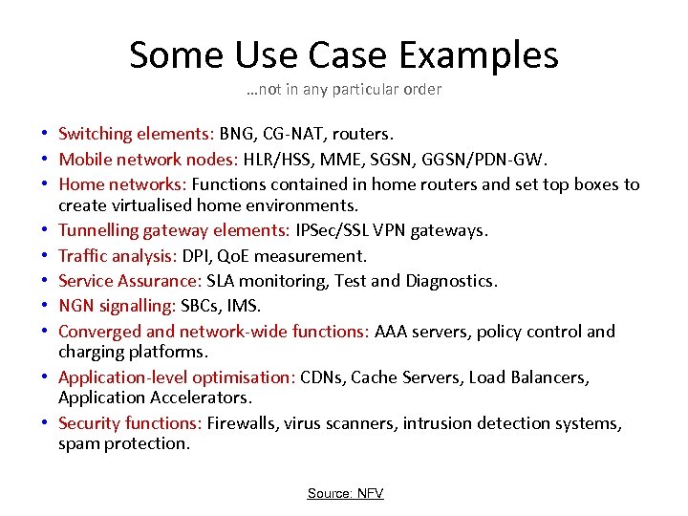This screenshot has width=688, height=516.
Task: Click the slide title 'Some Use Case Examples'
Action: (x=344, y=55)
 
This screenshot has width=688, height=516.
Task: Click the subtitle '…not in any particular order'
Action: (x=343, y=90)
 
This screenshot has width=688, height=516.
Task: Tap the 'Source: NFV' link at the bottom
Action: (x=345, y=493)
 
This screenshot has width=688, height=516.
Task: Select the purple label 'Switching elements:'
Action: (x=137, y=133)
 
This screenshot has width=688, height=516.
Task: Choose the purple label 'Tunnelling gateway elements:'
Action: (x=166, y=230)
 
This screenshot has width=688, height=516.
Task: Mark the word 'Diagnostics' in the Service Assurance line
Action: (x=451, y=282)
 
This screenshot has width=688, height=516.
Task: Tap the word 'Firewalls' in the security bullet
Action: (x=243, y=423)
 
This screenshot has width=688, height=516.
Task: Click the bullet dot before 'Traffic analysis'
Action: (x=45, y=256)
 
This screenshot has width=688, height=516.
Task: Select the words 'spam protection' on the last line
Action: (x=124, y=443)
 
